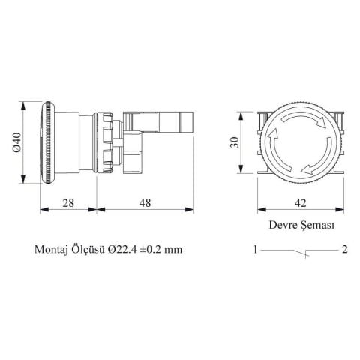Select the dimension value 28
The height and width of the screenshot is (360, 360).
coord(68,202)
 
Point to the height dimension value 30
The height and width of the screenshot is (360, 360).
coord(235,142)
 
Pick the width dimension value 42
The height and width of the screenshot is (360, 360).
coord(300,202)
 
